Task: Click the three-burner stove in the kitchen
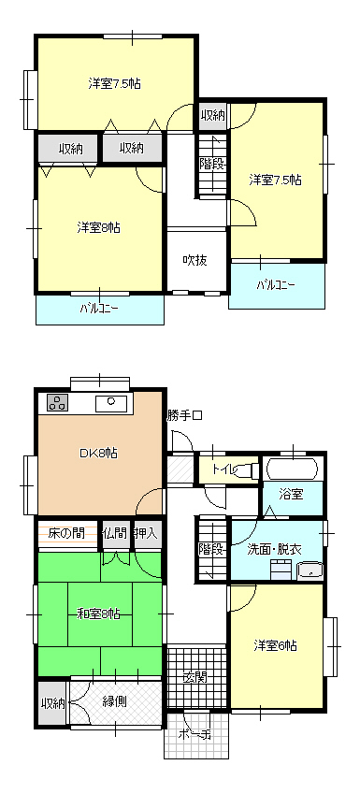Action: [57, 403]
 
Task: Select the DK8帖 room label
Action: [99, 454]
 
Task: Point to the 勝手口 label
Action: [185, 416]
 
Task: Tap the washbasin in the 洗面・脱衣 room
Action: [310, 570]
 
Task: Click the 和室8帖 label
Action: [99, 614]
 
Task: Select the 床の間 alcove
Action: [67, 535]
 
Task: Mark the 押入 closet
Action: [148, 535]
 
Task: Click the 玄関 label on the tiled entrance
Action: [195, 677]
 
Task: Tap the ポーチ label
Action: [194, 735]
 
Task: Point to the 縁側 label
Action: [114, 701]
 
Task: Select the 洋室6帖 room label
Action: [276, 645]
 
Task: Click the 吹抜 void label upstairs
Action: [194, 260]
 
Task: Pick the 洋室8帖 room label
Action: [99, 227]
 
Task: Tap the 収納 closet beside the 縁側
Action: [52, 703]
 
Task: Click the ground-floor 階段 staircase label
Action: [210, 549]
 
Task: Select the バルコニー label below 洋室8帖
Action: [99, 308]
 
